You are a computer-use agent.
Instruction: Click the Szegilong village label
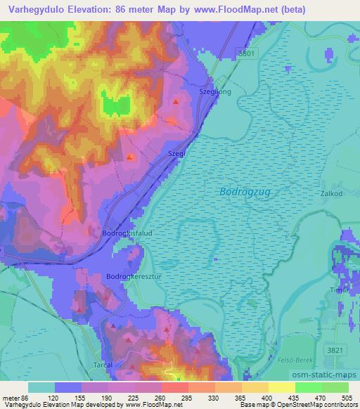pyautogui.click(x=215, y=91)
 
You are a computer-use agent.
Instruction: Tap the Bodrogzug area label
pyautogui.click(x=245, y=190)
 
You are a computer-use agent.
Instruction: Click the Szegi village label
pyautogui.click(x=176, y=152)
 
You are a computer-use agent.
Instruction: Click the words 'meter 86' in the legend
pyautogui.click(x=15, y=398)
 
